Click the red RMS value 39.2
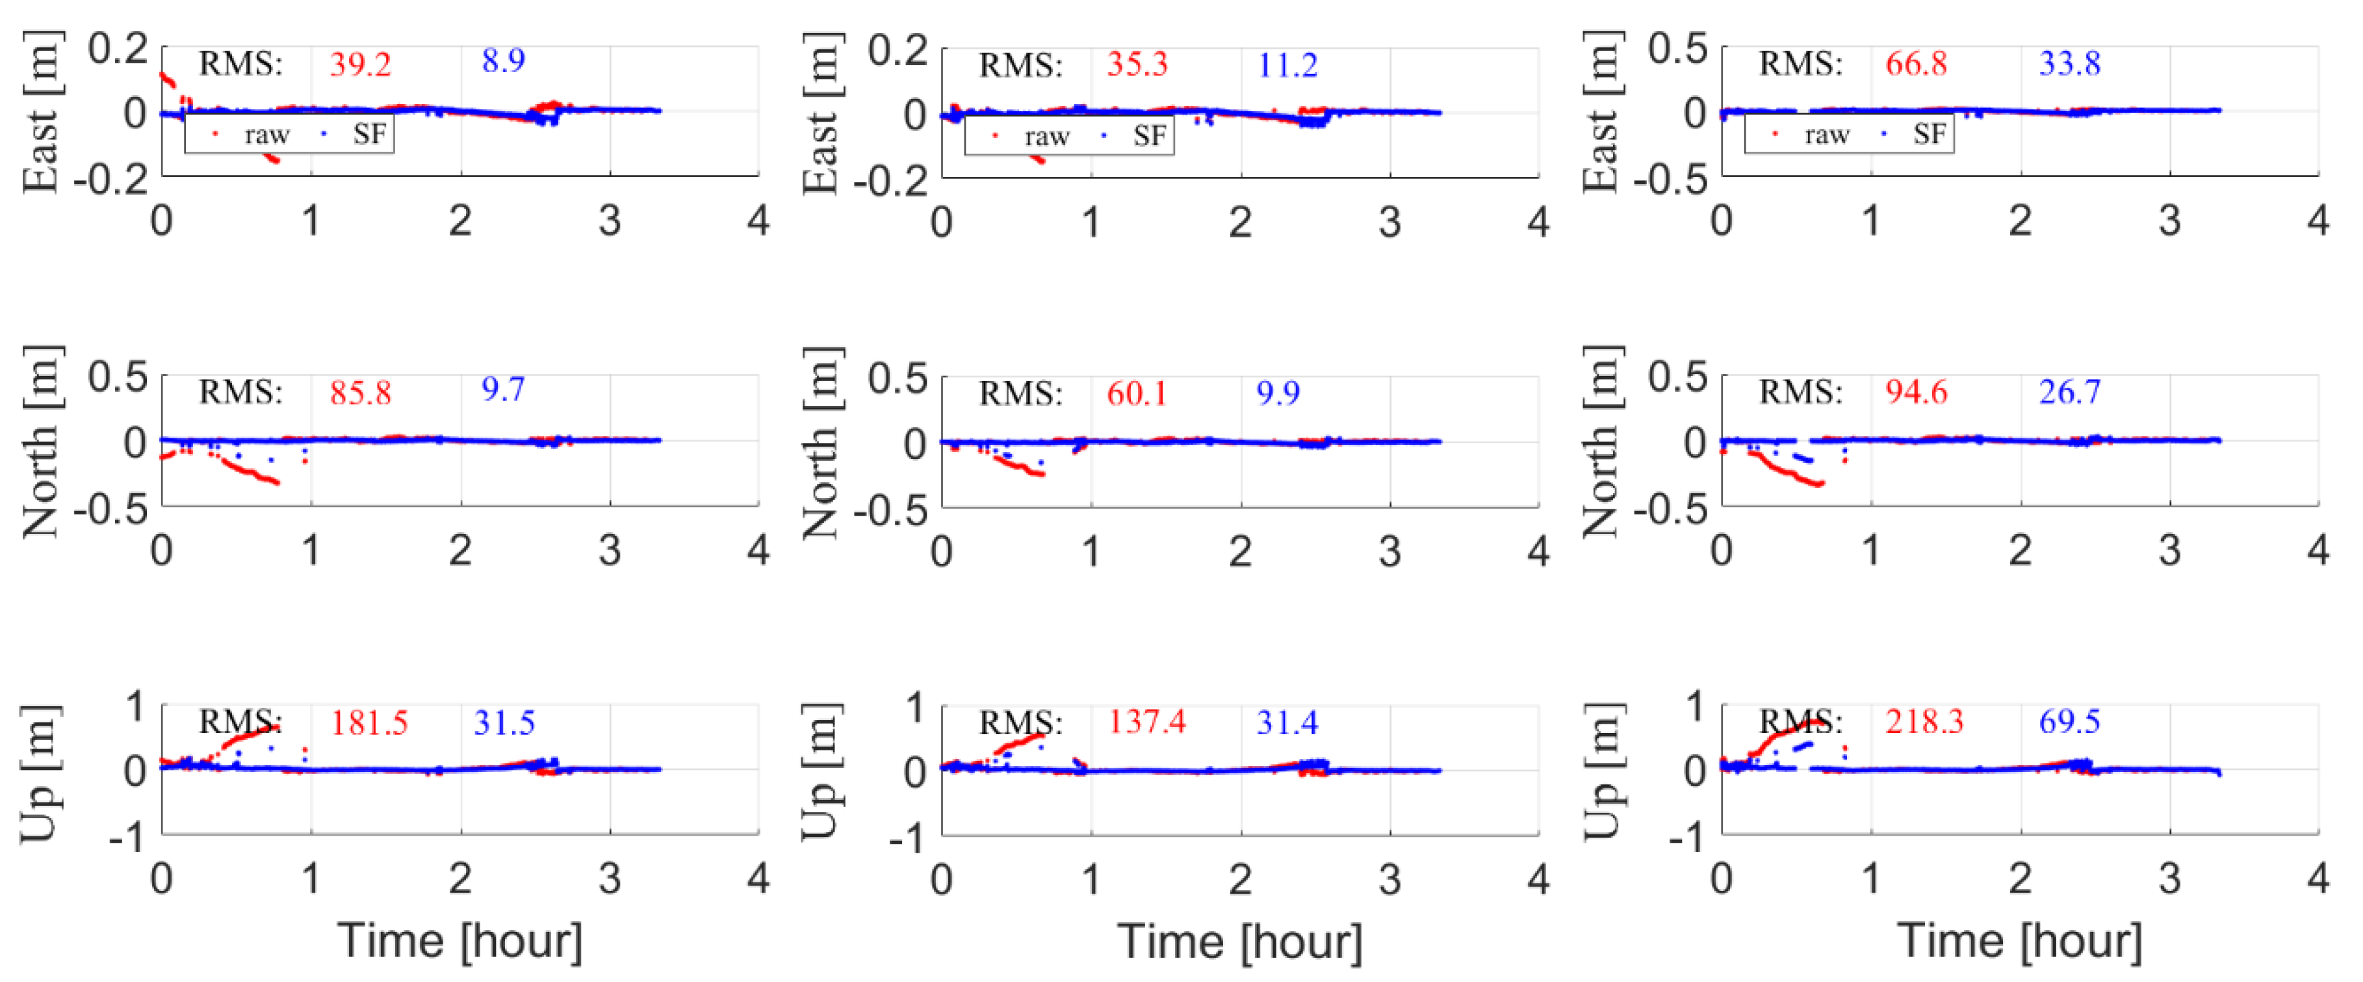point(361,64)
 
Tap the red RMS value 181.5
point(368,723)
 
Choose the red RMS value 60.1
point(1137,393)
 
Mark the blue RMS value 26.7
point(2069,392)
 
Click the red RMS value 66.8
point(1917,64)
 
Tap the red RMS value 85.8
point(361,393)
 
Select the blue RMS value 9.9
point(1278,393)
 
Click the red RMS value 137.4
point(1146,723)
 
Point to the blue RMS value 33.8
point(2069,64)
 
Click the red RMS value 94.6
point(1917,392)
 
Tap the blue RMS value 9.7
point(504,390)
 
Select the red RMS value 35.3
point(1137,65)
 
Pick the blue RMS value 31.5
point(504,723)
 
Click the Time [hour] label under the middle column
point(1240,942)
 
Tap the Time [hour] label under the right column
point(2020,942)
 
